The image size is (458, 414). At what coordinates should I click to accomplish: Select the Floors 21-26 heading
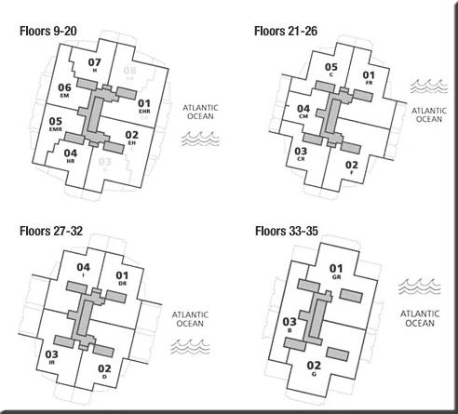click(285, 31)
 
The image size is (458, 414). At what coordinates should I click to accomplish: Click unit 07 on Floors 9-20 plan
click(94, 65)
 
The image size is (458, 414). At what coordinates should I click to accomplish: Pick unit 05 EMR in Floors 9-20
click(57, 124)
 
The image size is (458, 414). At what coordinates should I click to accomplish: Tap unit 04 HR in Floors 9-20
click(71, 155)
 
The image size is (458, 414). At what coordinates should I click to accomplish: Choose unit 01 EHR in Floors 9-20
click(144, 106)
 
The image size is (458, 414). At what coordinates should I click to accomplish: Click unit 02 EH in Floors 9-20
click(131, 138)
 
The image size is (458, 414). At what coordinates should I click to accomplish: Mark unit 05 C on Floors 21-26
click(331, 70)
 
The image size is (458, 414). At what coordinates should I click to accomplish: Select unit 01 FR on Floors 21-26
click(369, 78)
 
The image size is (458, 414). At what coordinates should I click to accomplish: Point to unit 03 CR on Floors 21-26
click(301, 154)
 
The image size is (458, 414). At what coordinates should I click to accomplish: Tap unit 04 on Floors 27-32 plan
click(84, 271)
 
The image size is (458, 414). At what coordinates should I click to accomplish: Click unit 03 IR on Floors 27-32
click(51, 357)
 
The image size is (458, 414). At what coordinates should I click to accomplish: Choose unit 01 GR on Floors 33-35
click(337, 274)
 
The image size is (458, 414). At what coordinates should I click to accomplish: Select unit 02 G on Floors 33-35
click(314, 368)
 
